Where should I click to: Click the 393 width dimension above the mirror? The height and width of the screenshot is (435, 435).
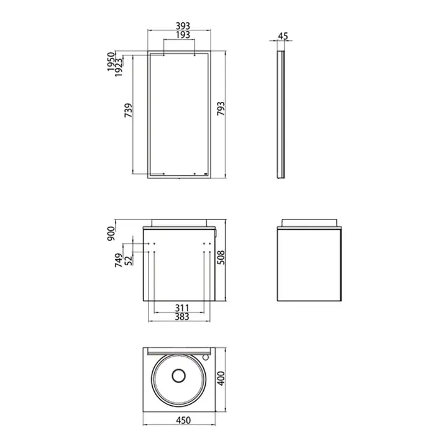pyautogui.click(x=183, y=26)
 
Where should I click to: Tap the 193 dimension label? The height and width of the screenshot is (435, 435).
pyautogui.click(x=183, y=35)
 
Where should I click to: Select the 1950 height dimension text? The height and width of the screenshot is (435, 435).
pyautogui.click(x=111, y=62)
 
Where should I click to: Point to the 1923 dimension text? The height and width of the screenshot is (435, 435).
pyautogui.click(x=119, y=67)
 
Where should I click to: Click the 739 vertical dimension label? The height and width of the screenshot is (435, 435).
pyautogui.click(x=128, y=110)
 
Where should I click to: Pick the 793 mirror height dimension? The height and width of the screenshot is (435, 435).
pyautogui.click(x=221, y=109)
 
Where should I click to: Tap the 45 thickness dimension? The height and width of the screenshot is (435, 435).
pyautogui.click(x=283, y=36)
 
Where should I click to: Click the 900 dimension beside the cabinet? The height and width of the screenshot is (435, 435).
pyautogui.click(x=111, y=234)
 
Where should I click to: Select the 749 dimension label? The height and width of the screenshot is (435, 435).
pyautogui.click(x=119, y=260)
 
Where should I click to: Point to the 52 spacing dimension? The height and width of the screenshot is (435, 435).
pyautogui.click(x=128, y=260)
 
